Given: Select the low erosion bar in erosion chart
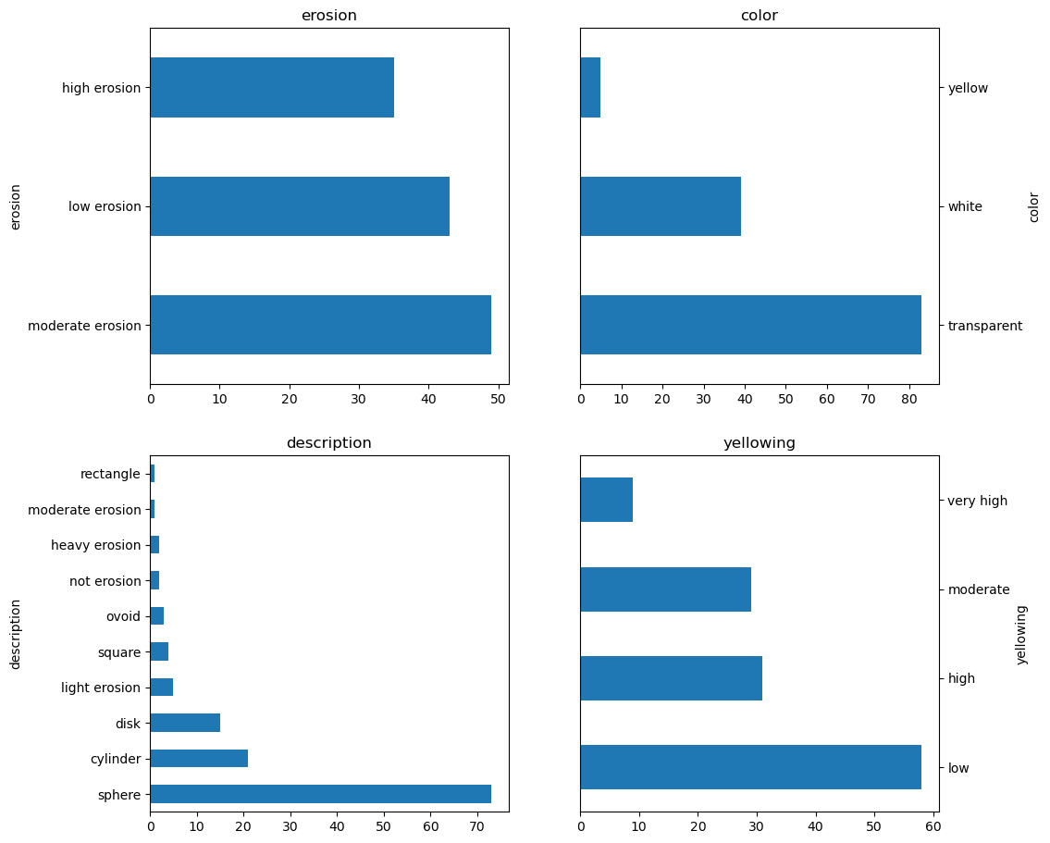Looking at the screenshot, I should tap(299, 206).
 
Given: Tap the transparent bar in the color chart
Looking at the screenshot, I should tap(749, 325).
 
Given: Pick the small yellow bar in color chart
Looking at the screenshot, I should tap(590, 88).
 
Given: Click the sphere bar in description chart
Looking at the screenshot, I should tap(320, 794).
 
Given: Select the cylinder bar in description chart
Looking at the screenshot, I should tap(199, 759).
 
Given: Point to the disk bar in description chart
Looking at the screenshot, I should tap(185, 723).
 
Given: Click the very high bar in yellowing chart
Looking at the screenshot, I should tap(606, 500).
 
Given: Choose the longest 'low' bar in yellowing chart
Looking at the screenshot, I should tap(749, 767).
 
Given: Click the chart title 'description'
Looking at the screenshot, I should tap(328, 443).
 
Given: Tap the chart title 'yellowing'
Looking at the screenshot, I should tap(759, 443).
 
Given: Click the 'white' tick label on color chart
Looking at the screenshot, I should tap(965, 206).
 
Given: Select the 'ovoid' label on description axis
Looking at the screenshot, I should tap(123, 616).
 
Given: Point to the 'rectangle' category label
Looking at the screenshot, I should tap(110, 474).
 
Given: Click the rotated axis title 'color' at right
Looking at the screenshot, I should tap(1034, 206).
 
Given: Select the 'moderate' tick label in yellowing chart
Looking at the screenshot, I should tap(978, 589).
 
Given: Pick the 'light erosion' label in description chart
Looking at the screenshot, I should tap(100, 688).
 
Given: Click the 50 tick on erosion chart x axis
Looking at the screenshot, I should tap(498, 400).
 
